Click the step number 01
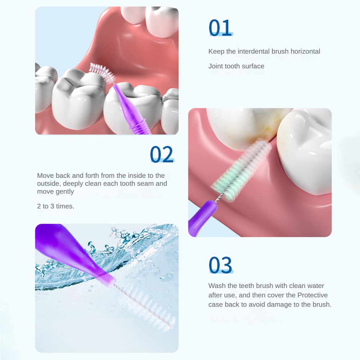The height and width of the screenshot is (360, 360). pos(220,28)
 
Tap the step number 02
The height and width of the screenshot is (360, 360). pos(162,154)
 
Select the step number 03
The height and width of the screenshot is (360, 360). pos(220,265)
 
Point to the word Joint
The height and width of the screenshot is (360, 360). pos(216,66)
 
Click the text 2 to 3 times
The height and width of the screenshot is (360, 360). pos(55,206)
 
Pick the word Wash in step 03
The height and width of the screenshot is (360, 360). pos(217,286)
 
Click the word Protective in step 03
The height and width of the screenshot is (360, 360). pos(312,295)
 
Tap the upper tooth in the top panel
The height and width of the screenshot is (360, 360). pos(158,20)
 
